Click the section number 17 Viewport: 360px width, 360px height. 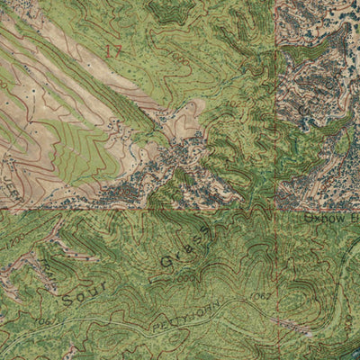click(x=112, y=51)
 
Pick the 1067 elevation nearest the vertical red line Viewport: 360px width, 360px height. click(x=260, y=294)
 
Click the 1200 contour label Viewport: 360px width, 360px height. click(x=13, y=242)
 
